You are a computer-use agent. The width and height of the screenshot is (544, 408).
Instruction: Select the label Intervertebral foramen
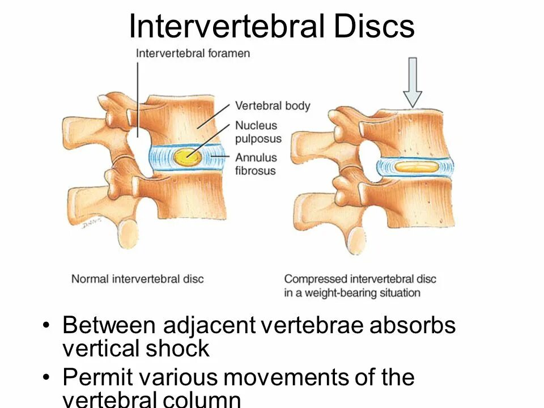(193, 53)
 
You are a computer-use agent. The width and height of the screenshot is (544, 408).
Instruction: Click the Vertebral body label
(273, 106)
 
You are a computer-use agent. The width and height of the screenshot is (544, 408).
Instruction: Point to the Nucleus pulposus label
(258, 132)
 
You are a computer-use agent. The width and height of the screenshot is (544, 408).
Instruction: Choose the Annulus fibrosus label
(256, 164)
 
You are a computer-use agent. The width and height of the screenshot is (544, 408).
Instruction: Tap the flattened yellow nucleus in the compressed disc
(416, 167)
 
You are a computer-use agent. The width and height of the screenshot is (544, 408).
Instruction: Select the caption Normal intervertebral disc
(137, 279)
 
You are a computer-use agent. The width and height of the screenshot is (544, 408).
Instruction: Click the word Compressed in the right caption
(316, 279)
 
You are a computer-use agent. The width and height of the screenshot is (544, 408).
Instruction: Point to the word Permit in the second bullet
(94, 377)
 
